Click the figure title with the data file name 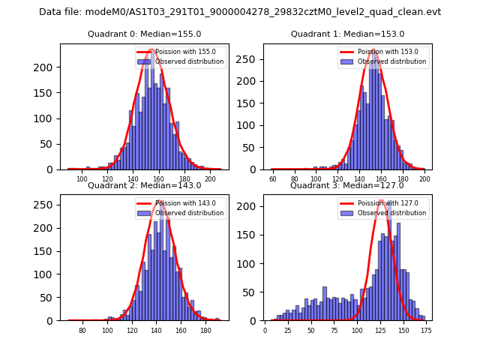pos(240,12)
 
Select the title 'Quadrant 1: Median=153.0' pos(347,34)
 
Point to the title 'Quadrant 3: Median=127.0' pos(347,185)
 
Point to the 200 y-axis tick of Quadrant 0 pos(47,67)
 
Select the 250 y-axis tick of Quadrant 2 pos(47,205)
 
